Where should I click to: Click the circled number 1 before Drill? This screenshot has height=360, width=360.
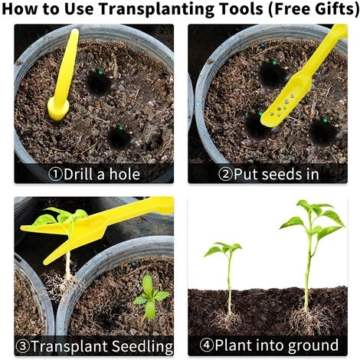coord(55,175)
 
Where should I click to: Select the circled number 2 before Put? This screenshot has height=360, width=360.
coord(225,175)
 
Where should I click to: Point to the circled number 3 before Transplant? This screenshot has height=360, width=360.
coord(23,346)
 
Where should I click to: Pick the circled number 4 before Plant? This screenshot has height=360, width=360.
coord(207,345)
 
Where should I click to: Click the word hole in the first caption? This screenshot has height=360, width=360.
coord(125,174)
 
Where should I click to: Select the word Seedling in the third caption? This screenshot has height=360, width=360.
coord(142,347)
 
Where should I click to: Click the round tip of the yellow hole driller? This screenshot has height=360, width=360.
coord(58,110)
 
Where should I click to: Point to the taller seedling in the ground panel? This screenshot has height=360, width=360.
coord(313,255)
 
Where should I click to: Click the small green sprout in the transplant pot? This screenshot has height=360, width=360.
coord(150,296)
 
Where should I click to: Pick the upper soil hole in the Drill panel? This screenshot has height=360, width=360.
coord(99,83)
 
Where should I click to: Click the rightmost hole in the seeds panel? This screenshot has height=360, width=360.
coord(324,133)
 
